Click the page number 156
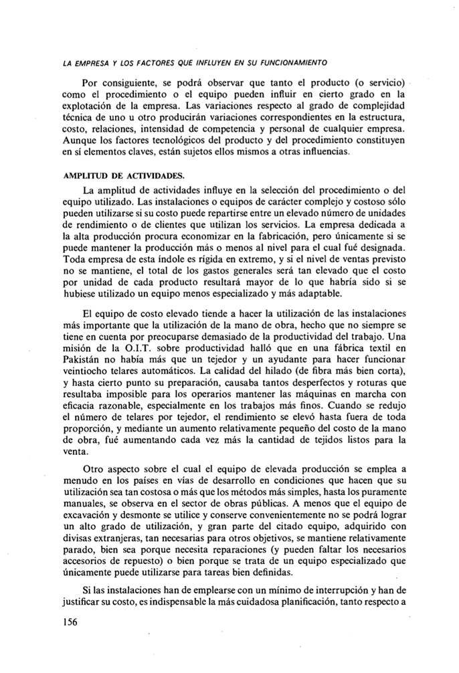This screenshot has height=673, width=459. click(x=69, y=621)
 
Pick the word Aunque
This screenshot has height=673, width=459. click(x=79, y=140)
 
